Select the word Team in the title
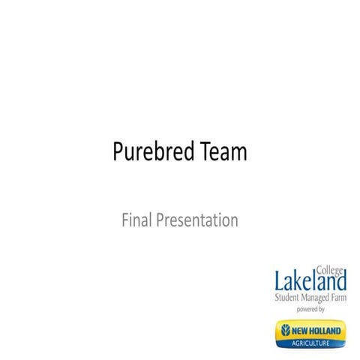point(223,153)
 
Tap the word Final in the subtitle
point(134,220)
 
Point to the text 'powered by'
point(310,308)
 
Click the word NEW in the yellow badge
point(301,330)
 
